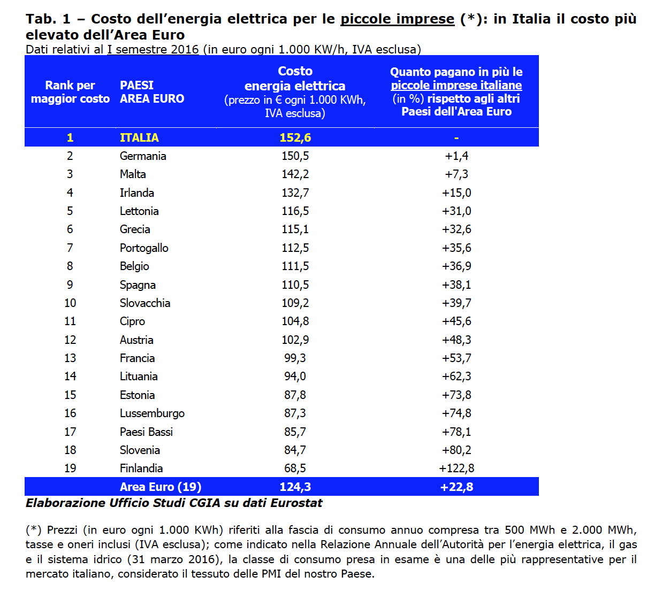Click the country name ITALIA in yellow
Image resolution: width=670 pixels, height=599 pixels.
139,137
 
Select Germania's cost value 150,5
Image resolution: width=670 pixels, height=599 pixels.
295,156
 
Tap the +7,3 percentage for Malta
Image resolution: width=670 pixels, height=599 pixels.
456,174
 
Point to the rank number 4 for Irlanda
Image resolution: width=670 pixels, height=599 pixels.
70,193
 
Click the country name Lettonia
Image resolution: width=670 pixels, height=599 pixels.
139,211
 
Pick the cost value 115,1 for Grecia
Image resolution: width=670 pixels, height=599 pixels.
295,229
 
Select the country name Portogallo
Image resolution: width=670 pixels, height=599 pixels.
144,248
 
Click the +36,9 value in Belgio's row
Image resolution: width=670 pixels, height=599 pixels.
456,266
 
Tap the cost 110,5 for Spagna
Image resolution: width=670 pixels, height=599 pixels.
295,285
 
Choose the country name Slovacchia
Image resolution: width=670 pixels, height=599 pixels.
145,303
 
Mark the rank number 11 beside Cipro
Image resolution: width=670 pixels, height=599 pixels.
70,321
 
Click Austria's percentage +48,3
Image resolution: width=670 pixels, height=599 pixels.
456,340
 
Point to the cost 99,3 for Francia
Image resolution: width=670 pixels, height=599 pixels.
295,358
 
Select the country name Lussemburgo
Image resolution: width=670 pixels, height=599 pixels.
152,413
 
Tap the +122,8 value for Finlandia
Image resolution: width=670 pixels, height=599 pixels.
456,469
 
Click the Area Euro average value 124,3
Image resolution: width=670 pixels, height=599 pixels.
295,487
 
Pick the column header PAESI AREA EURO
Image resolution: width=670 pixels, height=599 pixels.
152,92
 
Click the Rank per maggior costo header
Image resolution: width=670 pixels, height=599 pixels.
70,92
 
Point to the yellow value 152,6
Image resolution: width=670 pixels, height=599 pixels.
295,137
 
